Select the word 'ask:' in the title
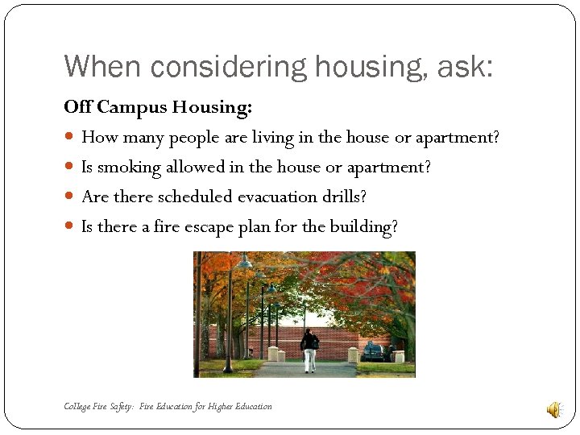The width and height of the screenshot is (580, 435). [x=465, y=66]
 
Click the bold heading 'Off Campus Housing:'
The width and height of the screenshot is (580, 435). [x=158, y=107]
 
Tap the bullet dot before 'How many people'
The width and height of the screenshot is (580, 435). [x=70, y=138]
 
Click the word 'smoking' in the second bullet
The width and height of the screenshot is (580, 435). [x=129, y=168]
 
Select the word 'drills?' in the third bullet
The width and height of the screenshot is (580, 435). [x=344, y=197]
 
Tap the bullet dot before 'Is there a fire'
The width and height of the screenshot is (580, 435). [x=70, y=227]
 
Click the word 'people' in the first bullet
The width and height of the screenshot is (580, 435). [x=195, y=138]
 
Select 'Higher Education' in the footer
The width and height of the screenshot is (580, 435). [x=239, y=406]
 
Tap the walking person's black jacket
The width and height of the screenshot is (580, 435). [x=309, y=342]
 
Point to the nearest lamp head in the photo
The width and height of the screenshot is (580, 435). [x=244, y=262]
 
